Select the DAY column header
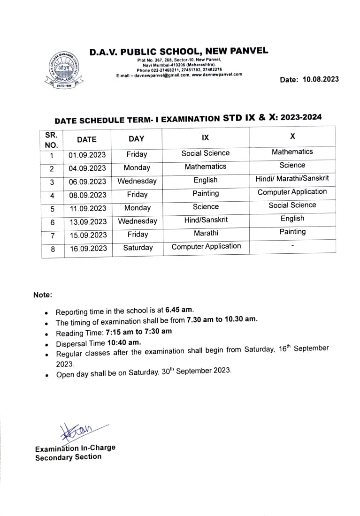pyautogui.click(x=137, y=138)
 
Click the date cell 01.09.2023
pyautogui.click(x=87, y=155)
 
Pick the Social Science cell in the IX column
pyautogui.click(x=206, y=153)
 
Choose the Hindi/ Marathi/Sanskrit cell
pyautogui.click(x=292, y=178)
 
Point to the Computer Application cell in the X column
pyautogui.click(x=292, y=191)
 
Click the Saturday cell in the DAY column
pyautogui.click(x=138, y=248)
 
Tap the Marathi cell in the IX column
pyautogui.click(x=206, y=233)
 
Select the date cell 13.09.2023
pyautogui.click(x=88, y=221)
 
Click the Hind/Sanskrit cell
pyautogui.click(x=206, y=220)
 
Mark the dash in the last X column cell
pyautogui.click(x=292, y=245)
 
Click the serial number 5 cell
pyautogui.click(x=52, y=209)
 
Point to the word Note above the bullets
pyautogui.click(x=43, y=295)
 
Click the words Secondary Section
pyautogui.click(x=68, y=457)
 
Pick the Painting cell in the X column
pyautogui.click(x=292, y=232)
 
